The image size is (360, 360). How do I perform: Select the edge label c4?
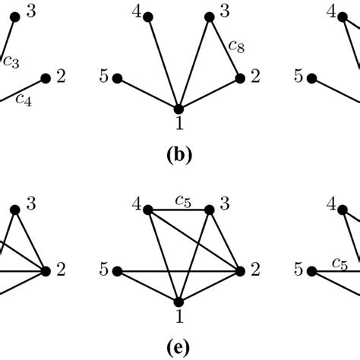click(x=24, y=99)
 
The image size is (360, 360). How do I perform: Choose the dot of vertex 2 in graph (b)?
click(x=240, y=77)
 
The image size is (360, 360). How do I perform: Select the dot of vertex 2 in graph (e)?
click(x=240, y=270)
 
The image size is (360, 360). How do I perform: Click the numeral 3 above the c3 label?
click(x=30, y=11)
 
